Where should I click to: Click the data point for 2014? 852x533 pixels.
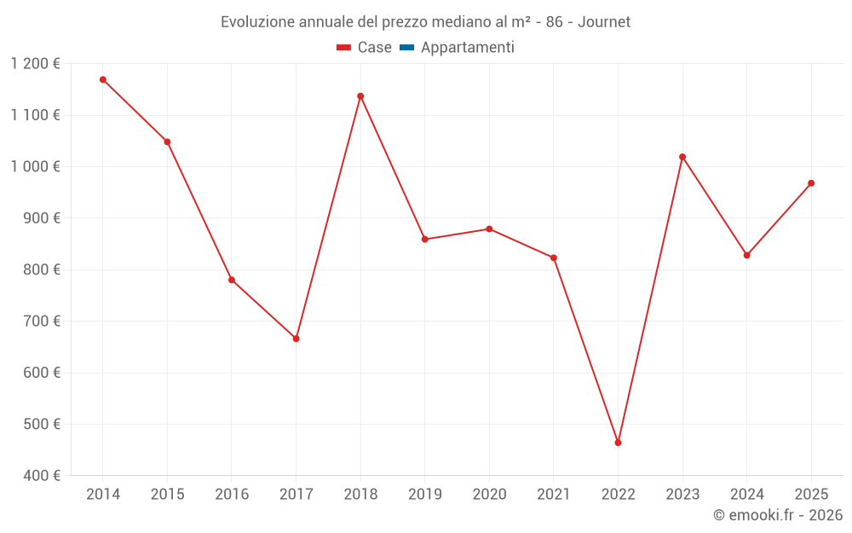pyautogui.click(x=103, y=79)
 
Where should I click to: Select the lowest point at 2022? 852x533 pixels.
pyautogui.click(x=618, y=443)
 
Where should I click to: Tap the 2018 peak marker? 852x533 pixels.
pyautogui.click(x=360, y=96)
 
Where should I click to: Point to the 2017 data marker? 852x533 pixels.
pyautogui.click(x=296, y=339)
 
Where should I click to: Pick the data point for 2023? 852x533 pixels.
pyautogui.click(x=682, y=157)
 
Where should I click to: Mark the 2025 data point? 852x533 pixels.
pyautogui.click(x=811, y=182)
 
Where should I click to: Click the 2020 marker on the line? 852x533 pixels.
pyautogui.click(x=489, y=229)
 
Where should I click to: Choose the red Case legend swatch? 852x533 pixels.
pyautogui.click(x=344, y=48)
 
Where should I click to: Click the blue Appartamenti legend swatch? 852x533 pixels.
pyautogui.click(x=406, y=48)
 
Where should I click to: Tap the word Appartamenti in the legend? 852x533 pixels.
pyautogui.click(x=467, y=48)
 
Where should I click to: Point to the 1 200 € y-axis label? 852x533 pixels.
pyautogui.click(x=36, y=64)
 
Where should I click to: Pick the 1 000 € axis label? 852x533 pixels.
pyautogui.click(x=36, y=166)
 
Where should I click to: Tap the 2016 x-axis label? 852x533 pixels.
pyautogui.click(x=232, y=495)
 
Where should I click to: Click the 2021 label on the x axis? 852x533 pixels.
pyautogui.click(x=554, y=495)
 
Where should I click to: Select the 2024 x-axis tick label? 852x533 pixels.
pyautogui.click(x=747, y=495)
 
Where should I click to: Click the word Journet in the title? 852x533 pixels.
pyautogui.click(x=604, y=22)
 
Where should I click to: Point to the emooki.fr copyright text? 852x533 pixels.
pyautogui.click(x=778, y=515)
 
